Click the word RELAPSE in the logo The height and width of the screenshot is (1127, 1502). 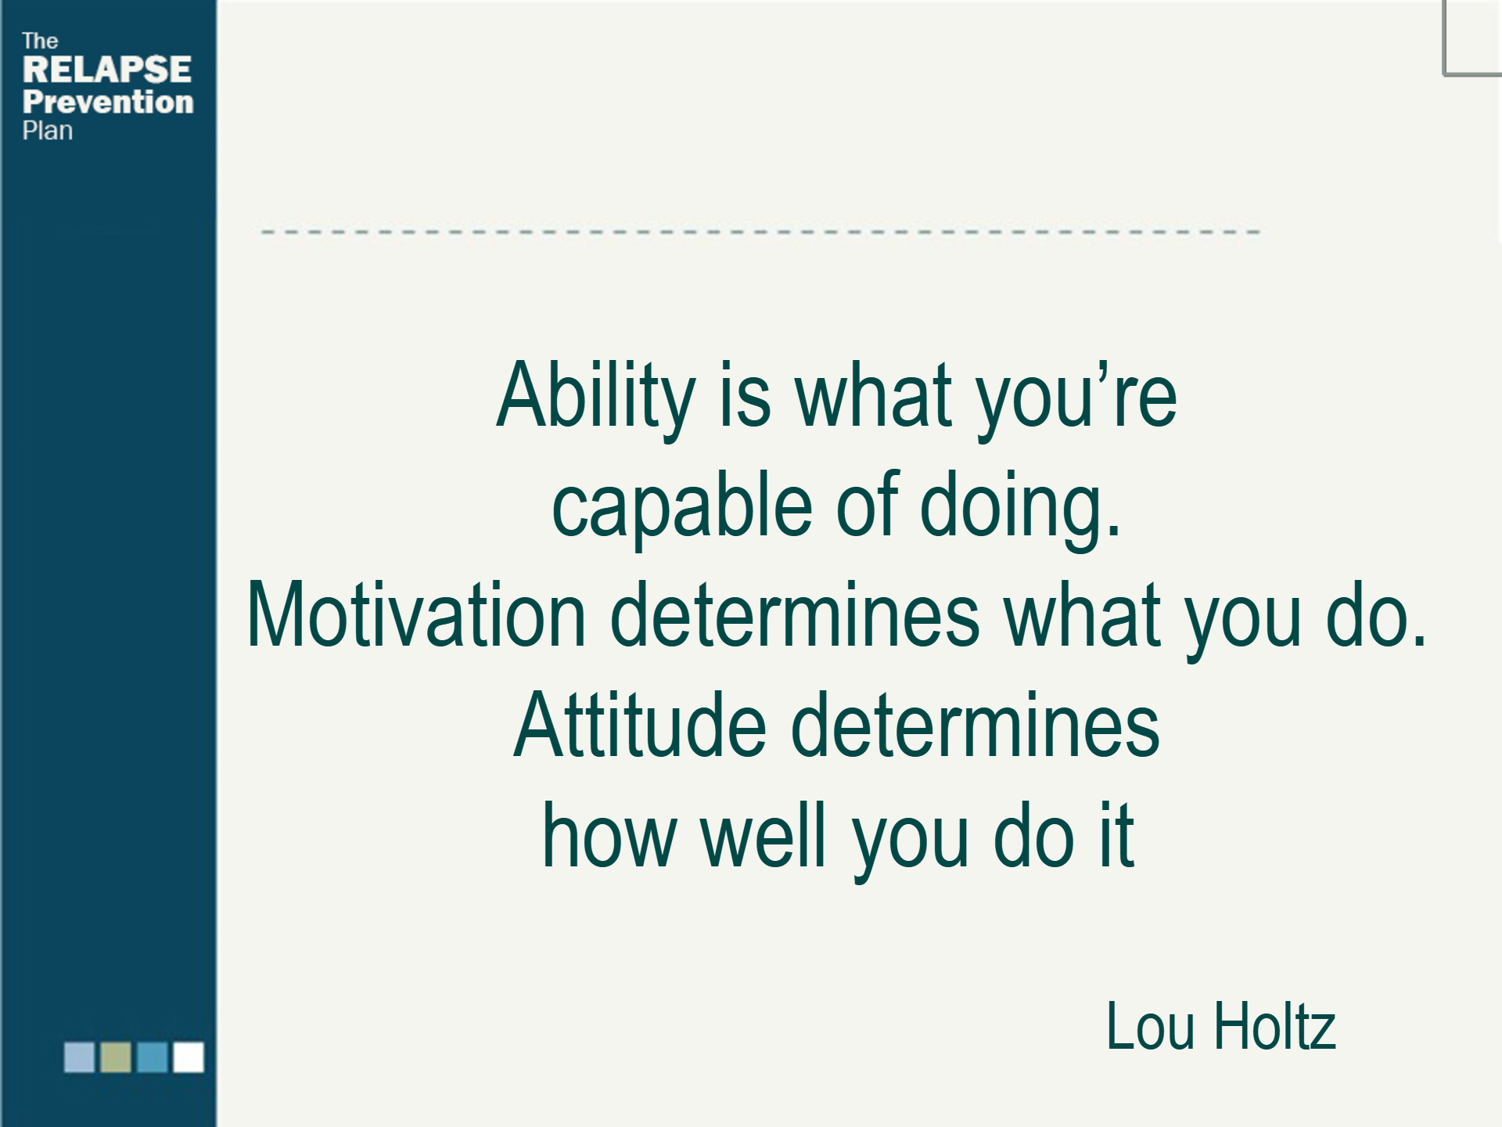click(x=107, y=70)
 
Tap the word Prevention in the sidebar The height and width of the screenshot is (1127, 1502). click(x=108, y=102)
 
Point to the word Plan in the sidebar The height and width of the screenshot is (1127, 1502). click(x=48, y=131)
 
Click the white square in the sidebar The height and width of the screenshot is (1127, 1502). click(x=189, y=1057)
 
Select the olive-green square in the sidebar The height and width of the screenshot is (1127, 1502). click(x=116, y=1057)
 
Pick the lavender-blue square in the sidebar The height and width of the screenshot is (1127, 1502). click(x=79, y=1057)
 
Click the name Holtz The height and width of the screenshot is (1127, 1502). click(x=1274, y=1026)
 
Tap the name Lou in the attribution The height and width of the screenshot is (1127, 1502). click(x=1150, y=1026)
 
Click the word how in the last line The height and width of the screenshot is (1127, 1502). click(x=609, y=836)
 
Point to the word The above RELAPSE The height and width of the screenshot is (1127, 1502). click(x=40, y=41)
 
